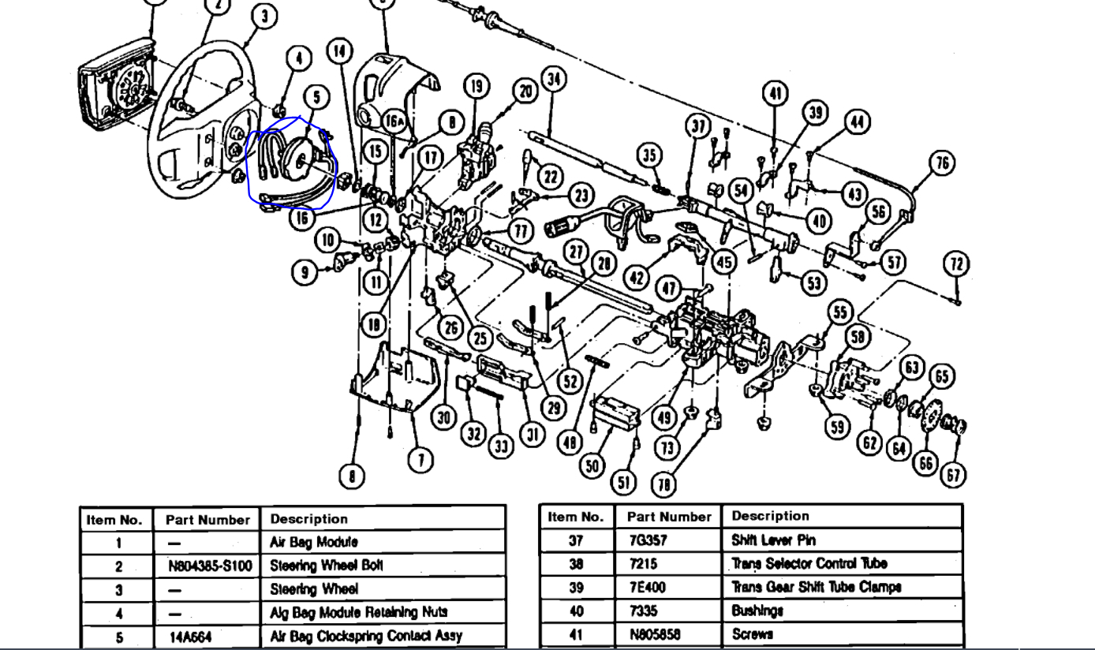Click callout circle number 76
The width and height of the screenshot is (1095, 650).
941,162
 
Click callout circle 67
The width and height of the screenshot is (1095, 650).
954,474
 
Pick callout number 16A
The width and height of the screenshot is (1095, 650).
394,121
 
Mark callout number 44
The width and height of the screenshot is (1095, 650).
858,121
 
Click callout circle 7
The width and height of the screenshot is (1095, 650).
420,459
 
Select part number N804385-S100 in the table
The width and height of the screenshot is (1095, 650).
207,566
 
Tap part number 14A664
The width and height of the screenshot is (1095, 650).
190,637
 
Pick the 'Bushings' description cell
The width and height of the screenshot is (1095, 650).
757,611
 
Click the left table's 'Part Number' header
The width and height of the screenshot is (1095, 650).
207,520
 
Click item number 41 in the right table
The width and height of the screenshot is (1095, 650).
575,634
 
